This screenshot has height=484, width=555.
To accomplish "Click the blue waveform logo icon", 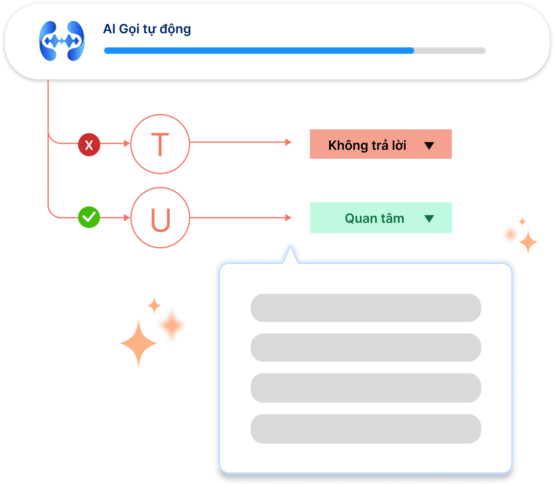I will (62, 41).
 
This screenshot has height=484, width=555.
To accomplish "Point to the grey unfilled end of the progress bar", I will (450, 50).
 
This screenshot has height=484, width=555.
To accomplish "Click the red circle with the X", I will (89, 145).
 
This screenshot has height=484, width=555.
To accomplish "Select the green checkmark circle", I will (89, 217).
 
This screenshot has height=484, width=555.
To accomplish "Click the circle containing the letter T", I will (160, 144).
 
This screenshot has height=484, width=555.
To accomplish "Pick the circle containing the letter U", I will (160, 218).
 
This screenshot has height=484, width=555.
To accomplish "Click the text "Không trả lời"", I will (367, 145).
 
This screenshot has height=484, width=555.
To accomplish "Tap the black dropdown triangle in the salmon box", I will (429, 146).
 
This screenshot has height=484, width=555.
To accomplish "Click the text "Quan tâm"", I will (374, 219).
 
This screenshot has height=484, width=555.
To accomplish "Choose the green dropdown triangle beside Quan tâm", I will (429, 219).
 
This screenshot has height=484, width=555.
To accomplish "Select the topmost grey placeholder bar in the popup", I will (365, 308).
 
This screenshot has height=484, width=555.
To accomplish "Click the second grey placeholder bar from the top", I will (365, 347).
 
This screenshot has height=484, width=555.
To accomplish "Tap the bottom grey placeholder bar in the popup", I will (365, 429).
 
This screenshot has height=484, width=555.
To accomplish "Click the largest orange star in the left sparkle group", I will (138, 343).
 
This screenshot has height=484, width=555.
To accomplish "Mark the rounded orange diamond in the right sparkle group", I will (510, 234).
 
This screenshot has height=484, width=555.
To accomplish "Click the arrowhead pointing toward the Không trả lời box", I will (289, 142).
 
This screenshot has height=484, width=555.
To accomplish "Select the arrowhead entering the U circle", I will (127, 218).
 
